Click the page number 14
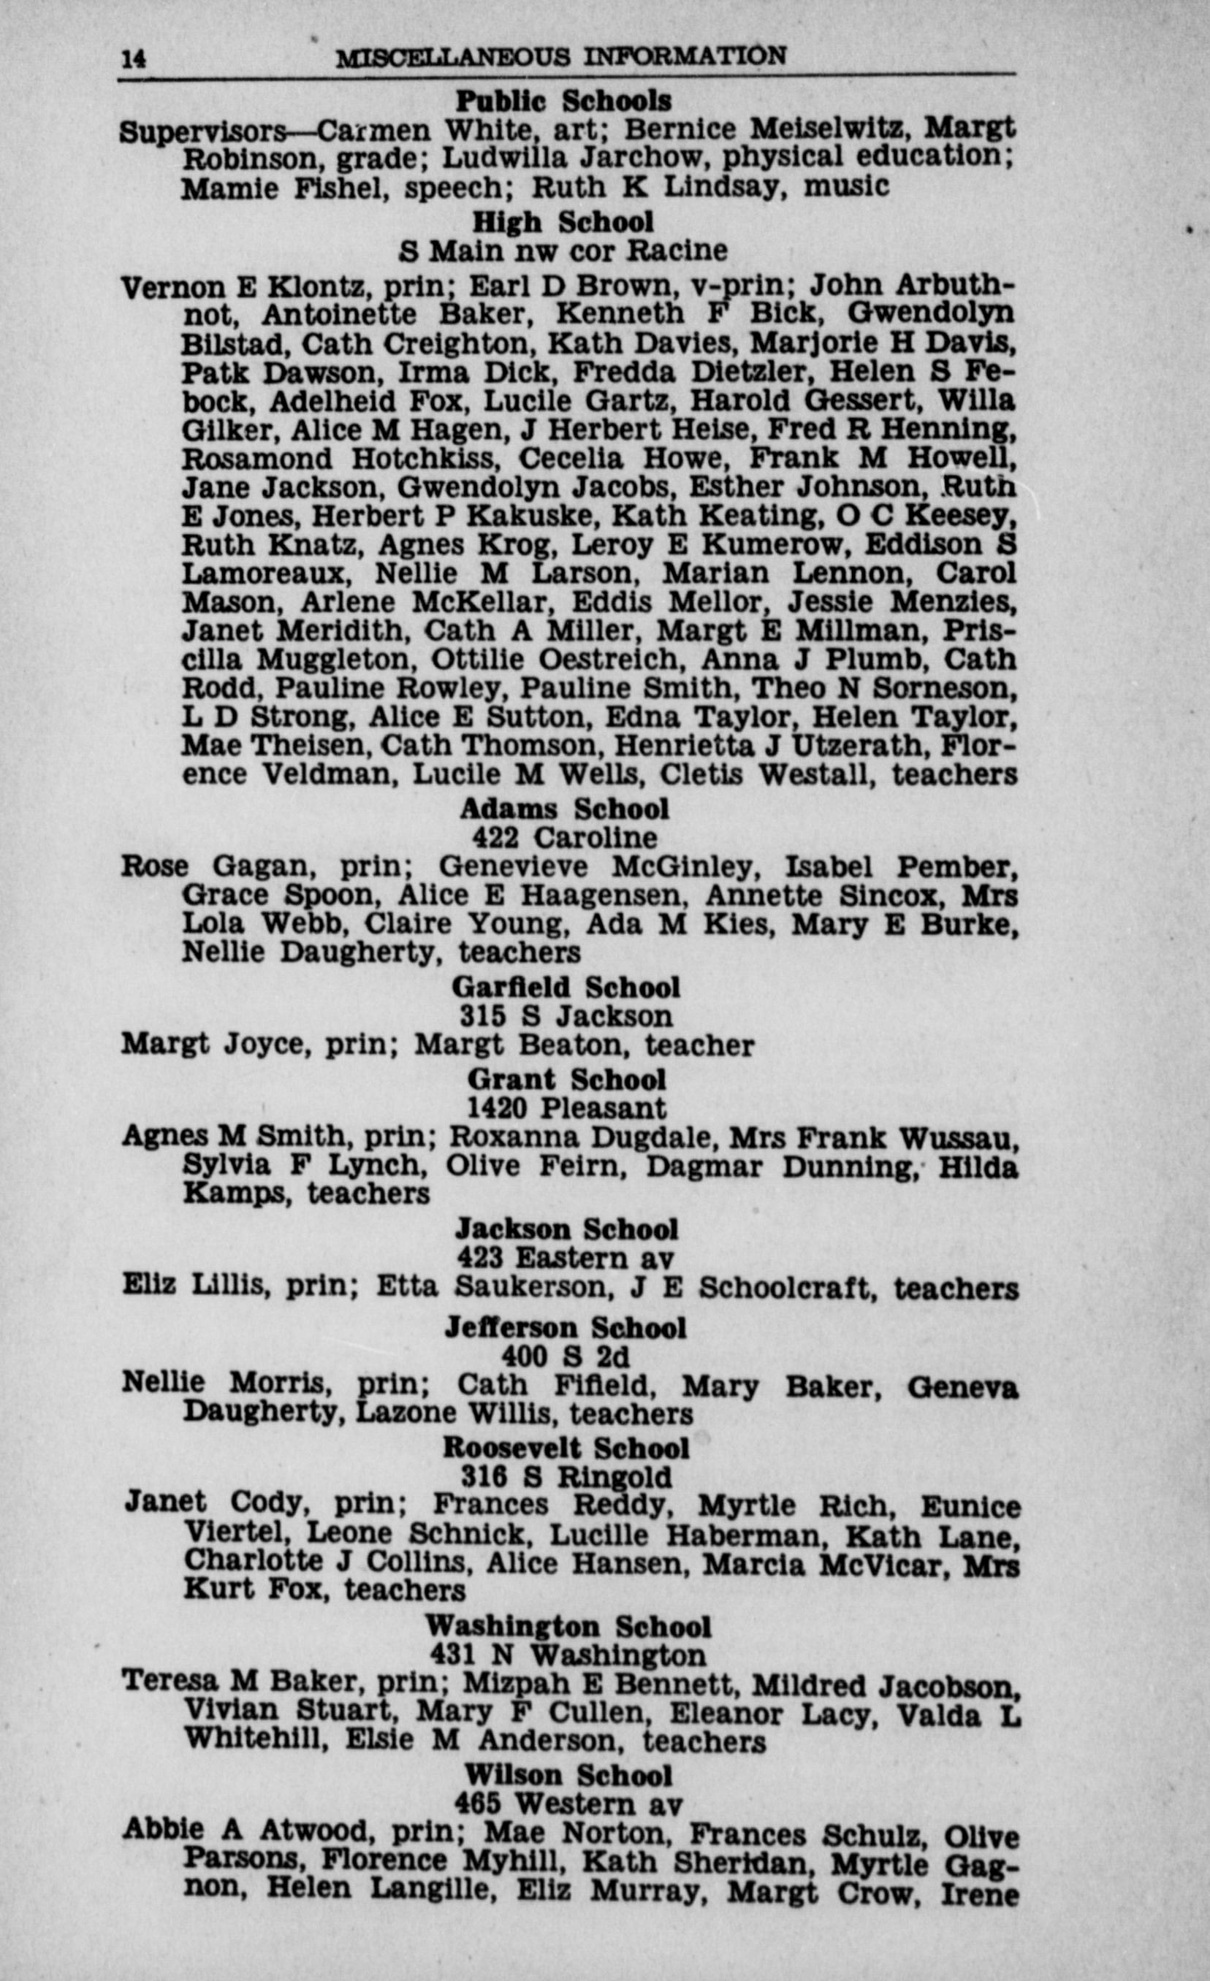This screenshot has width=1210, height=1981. coord(134,58)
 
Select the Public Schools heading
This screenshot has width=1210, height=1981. coord(563,102)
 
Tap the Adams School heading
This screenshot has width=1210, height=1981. coord(563,809)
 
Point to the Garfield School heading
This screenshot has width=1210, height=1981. coord(566,988)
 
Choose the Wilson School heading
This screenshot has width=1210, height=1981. coord(568,1775)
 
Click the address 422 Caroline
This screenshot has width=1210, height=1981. coord(564,838)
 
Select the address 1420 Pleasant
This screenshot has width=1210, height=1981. coord(567,1109)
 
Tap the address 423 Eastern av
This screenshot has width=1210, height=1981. coord(566,1259)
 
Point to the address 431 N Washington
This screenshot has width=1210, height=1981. coord(568,1655)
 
